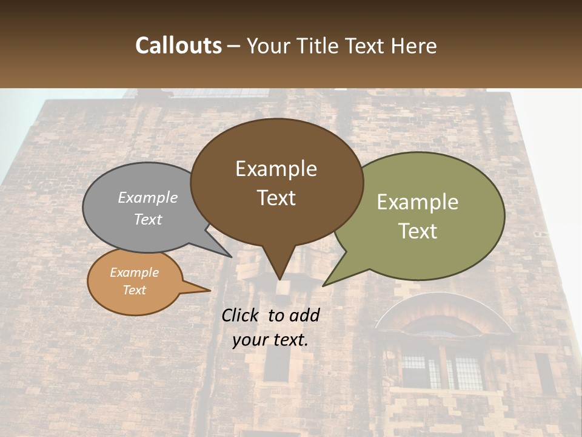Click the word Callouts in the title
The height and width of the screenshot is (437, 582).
(x=178, y=46)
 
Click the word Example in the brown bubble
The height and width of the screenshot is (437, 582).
(x=276, y=169)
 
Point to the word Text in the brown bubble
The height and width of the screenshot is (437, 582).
(x=276, y=198)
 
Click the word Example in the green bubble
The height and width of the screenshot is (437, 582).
(x=418, y=202)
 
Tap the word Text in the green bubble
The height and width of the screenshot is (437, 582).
(x=418, y=231)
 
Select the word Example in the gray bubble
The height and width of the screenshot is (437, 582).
(x=147, y=197)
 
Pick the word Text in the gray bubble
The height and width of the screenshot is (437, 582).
(x=147, y=219)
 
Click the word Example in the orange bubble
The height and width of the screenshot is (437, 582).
(x=134, y=273)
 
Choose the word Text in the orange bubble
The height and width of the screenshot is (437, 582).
(x=134, y=290)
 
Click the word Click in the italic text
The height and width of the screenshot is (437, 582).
(x=241, y=315)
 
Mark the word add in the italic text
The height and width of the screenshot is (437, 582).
(x=304, y=315)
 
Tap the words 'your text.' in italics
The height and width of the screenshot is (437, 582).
(x=270, y=340)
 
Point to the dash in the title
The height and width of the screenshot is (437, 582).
(x=233, y=47)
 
